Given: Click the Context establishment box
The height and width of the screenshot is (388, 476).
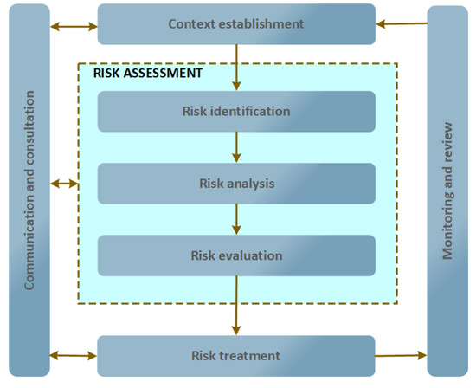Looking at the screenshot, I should click(x=236, y=24).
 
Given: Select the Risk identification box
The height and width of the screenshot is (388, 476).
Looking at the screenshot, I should click(x=236, y=111).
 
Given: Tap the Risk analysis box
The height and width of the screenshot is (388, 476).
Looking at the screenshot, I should click(x=236, y=183).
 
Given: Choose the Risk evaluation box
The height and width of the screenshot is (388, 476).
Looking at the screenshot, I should click(x=236, y=255).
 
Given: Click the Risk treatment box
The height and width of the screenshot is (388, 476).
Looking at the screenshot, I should click(x=236, y=355).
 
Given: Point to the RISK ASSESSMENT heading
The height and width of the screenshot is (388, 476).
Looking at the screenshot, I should click(x=147, y=74).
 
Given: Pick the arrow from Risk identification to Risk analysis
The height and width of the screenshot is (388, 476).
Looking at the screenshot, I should click(x=236, y=146).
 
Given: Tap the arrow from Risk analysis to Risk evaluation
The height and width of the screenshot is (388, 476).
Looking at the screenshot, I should click(x=236, y=219).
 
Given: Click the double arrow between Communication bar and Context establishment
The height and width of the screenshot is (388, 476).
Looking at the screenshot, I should click(x=74, y=27).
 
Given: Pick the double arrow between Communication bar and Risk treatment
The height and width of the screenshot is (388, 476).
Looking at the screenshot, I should click(x=74, y=355).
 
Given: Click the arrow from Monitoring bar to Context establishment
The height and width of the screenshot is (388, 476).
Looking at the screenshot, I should click(x=401, y=24).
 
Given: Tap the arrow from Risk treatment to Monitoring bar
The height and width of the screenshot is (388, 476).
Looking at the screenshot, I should click(x=401, y=355).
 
